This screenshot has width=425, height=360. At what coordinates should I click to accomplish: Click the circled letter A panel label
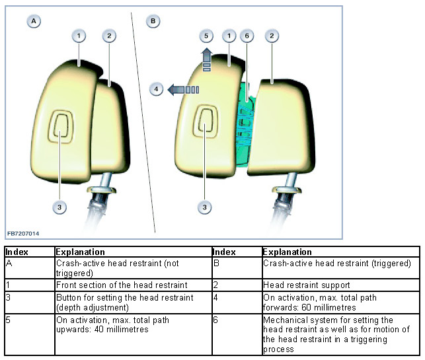point(34,21)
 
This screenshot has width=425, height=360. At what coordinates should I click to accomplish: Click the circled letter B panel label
point(154,21)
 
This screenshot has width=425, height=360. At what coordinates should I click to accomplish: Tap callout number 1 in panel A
point(79,36)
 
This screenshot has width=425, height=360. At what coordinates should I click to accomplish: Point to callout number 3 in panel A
point(59,207)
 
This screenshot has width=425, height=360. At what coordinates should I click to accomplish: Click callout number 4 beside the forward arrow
point(157,89)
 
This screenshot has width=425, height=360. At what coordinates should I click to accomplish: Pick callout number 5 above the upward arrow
point(206,36)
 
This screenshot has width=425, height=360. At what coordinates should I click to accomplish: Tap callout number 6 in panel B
point(246,36)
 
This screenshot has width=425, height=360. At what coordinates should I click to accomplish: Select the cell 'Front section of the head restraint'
point(132,285)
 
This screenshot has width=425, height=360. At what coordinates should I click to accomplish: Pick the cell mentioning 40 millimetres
point(132,324)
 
